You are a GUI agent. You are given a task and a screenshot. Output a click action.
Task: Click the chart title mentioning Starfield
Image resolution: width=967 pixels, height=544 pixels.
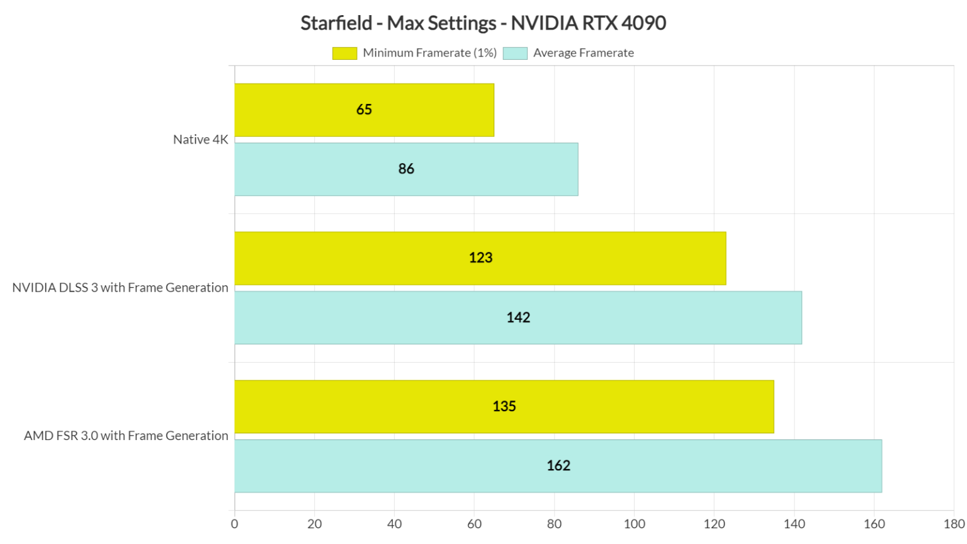(483, 23)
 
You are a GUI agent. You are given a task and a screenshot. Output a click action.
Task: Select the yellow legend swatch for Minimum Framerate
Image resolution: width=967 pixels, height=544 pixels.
(344, 54)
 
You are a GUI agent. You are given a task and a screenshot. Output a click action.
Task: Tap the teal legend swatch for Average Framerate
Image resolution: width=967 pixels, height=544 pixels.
(515, 54)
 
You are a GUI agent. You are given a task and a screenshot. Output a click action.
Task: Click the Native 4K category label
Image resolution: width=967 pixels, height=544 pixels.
(200, 140)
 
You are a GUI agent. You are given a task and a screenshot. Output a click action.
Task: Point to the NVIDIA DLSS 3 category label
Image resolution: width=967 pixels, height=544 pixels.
(120, 288)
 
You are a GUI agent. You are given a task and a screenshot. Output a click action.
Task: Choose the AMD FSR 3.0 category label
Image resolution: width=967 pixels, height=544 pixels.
(126, 436)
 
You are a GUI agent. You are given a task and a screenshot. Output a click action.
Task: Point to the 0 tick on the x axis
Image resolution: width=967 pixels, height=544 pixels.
(235, 524)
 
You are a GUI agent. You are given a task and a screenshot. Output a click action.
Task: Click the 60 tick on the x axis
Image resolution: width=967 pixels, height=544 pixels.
(474, 524)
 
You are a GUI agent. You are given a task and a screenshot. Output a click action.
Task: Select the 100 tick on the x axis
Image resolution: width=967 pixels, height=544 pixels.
(634, 524)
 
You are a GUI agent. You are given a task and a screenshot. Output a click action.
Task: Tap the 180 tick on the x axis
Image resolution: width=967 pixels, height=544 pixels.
(954, 524)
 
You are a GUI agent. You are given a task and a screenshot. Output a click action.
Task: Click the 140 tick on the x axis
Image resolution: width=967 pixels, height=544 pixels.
(794, 524)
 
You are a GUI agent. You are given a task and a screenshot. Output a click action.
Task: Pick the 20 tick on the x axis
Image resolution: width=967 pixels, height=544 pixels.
(314, 524)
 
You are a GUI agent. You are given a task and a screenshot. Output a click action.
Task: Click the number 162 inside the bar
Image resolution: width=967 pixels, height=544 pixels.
(558, 466)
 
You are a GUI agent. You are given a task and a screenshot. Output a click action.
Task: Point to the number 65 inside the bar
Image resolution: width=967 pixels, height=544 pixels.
(364, 110)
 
